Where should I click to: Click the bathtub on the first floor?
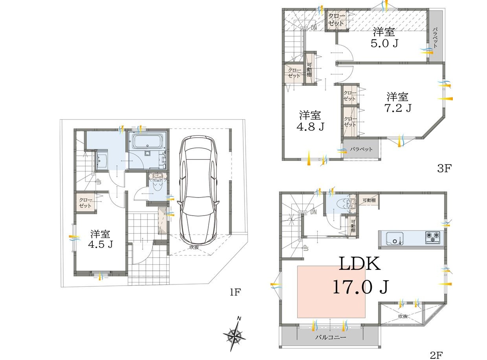[147, 141]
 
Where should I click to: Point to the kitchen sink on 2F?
[395, 238]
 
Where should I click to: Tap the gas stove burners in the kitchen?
[433, 237]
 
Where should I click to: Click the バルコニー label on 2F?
[331, 337]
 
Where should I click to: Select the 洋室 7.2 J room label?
[398, 102]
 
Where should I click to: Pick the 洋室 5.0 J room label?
[384, 38]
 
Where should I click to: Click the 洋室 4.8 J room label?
[310, 121]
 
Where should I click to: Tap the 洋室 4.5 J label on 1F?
[100, 239]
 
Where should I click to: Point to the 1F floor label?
[235, 292]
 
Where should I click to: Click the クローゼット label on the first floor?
[85, 203]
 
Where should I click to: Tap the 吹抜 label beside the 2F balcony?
[403, 316]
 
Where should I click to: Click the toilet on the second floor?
[344, 203]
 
